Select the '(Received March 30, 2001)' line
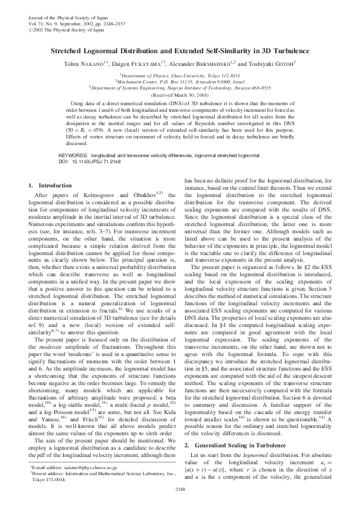pos(180,96)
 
